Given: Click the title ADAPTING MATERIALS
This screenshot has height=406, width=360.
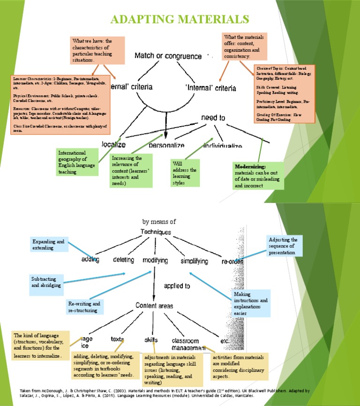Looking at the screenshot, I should (x=179, y=19).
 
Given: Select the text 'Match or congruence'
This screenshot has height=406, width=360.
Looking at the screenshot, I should (x=168, y=56).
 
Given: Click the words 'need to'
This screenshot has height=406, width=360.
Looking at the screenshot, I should (x=214, y=118).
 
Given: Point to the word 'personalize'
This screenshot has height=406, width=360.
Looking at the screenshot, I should (x=166, y=145).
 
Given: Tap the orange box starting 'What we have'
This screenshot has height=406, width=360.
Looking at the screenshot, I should (x=97, y=50).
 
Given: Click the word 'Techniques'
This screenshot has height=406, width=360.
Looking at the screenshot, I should (x=156, y=232).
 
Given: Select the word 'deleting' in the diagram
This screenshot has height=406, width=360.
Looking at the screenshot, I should (x=123, y=260).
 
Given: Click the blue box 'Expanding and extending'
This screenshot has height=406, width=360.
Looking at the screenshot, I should (x=49, y=244).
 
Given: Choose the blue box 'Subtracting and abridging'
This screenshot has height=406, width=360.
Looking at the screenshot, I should (x=45, y=282).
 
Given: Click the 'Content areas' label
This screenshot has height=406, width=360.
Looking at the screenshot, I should (x=154, y=306).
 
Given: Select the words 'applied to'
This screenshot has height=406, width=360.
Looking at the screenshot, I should (x=177, y=285).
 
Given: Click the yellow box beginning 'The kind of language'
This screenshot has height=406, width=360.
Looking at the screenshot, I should (x=40, y=346).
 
